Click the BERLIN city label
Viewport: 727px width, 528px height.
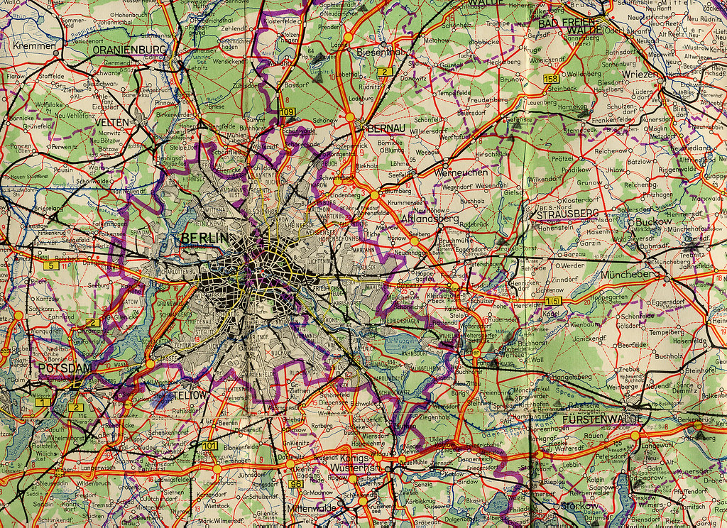tap(206, 238)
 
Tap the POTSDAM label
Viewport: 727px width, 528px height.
tap(65, 368)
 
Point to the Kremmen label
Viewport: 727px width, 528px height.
tap(33, 46)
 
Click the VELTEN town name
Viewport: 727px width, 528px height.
tap(112, 123)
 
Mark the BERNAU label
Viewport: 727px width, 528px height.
tap(386, 128)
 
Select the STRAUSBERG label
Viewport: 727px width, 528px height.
tap(567, 214)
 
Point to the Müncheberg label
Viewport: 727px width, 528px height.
tap(630, 274)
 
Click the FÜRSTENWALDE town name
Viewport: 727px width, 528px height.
tap(603, 419)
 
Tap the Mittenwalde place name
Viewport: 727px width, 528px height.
tap(312, 509)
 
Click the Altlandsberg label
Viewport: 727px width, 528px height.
tap(430, 219)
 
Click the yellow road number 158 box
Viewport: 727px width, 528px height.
tap(551, 78)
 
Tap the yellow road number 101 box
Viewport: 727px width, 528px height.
tap(210, 446)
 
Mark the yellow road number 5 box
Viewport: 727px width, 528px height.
tap(50, 265)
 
